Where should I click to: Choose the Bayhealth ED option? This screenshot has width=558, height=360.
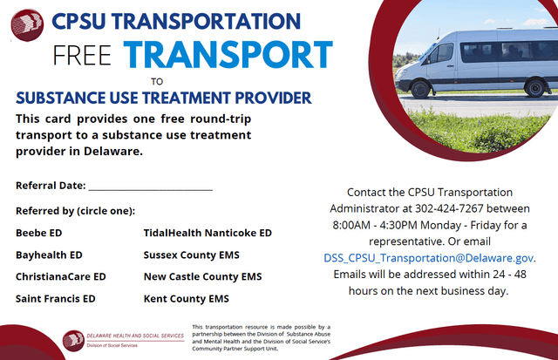[x=49, y=255]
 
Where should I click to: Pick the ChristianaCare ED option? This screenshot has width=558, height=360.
[x=60, y=276]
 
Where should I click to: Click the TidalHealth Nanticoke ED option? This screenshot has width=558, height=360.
[x=208, y=234]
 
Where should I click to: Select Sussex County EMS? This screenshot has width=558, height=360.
[x=191, y=255]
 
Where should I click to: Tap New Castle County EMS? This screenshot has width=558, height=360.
[x=202, y=276]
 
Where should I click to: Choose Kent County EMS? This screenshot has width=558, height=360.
[x=186, y=299]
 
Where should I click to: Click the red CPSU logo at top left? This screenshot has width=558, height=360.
[x=26, y=24]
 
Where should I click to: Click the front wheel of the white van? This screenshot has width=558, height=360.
[x=420, y=88]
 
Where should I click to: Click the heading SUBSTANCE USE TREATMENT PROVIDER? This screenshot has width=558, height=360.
[x=164, y=97]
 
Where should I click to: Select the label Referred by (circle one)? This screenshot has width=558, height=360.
[x=75, y=211]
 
